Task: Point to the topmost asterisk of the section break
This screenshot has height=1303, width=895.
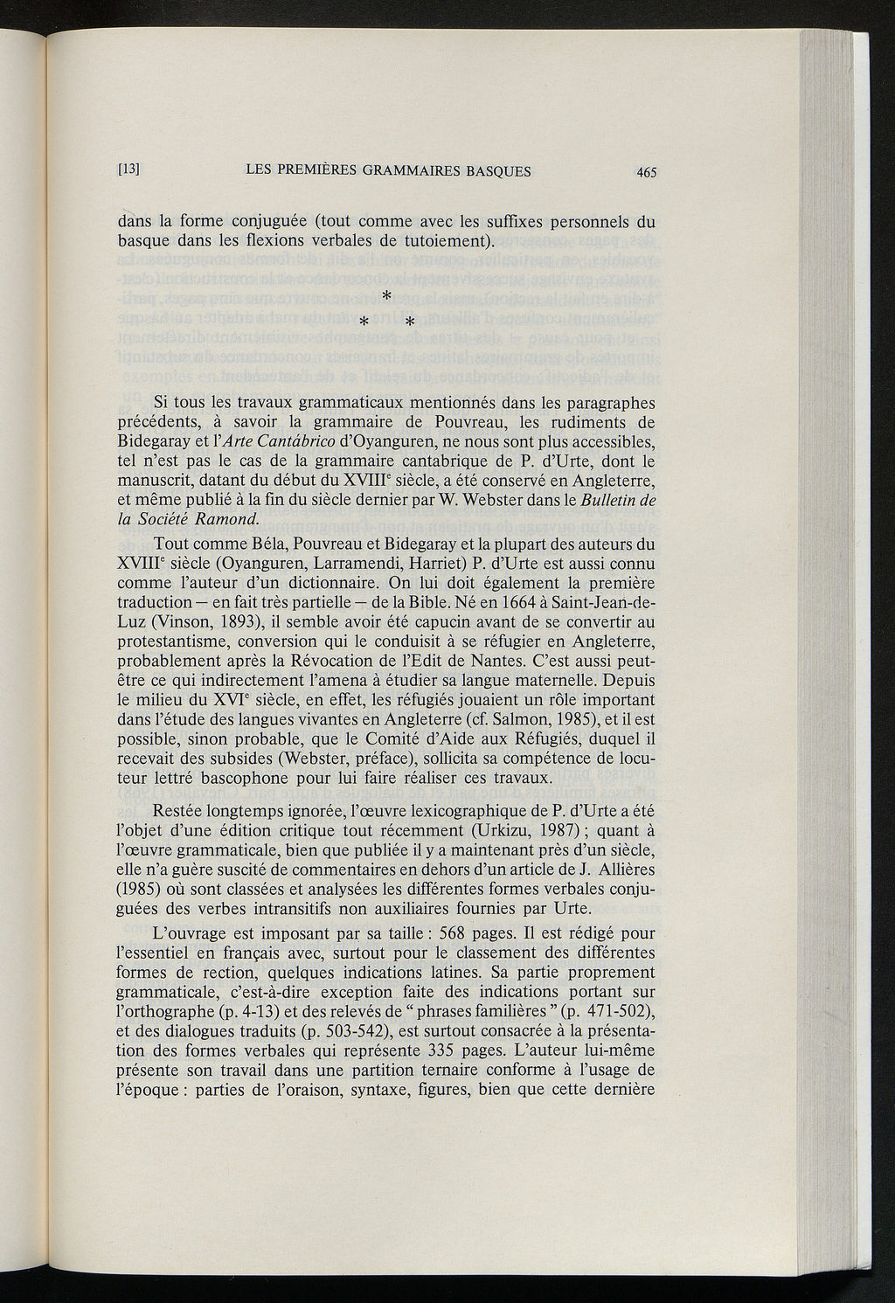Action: coord(385,299)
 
